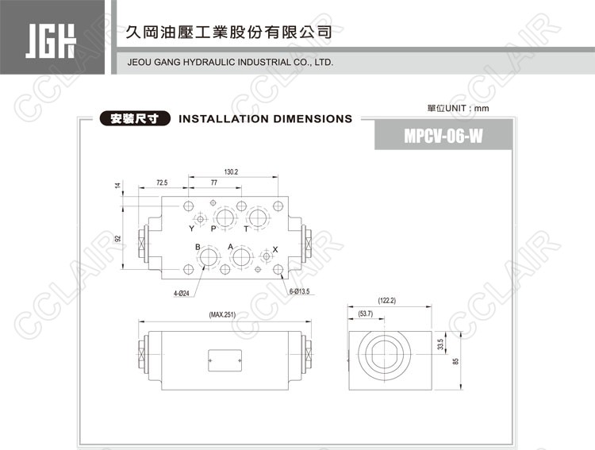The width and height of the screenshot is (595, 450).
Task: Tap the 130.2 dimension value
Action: [231, 171]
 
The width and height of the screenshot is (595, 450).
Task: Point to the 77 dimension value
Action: [214, 183]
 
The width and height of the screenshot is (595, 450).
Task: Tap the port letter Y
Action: [191, 229]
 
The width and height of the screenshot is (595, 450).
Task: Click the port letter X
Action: [275, 249]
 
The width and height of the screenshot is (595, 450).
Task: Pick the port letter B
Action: [198, 248]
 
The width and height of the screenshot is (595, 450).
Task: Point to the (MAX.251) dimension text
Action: [223, 315]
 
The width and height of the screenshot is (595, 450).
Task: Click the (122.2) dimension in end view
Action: [386, 301]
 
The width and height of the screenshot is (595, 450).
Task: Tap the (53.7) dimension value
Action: [366, 314]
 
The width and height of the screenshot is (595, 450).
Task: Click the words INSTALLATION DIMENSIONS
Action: [266, 119]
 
